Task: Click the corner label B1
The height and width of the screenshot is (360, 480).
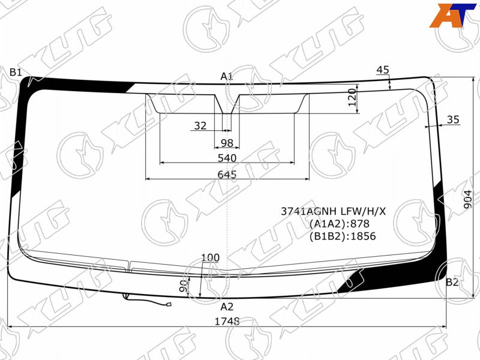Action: [16, 73]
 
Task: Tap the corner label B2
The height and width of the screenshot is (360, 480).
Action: [452, 282]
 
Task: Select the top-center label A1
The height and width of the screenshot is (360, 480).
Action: [227, 76]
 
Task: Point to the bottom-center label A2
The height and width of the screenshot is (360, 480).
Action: [227, 307]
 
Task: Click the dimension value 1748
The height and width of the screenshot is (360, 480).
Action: [227, 322]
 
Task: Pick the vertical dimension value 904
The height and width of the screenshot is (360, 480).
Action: [468, 199]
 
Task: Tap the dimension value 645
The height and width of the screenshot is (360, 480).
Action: [227, 174]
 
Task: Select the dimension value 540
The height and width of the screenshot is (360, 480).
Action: [227, 158]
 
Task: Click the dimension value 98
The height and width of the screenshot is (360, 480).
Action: [227, 143]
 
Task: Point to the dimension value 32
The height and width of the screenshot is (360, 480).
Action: [200, 125]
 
